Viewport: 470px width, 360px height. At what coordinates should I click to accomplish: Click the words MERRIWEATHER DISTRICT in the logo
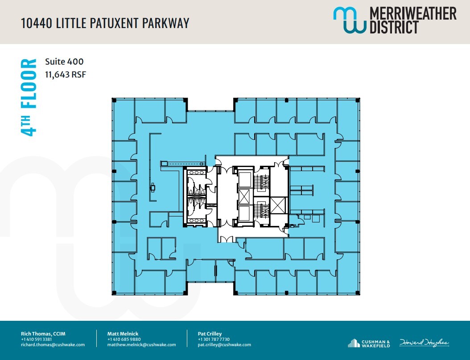pyautogui.click(x=413, y=20)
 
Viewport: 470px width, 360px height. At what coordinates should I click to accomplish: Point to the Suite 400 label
pyautogui.click(x=64, y=62)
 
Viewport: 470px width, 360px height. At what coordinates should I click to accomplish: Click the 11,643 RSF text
pyautogui.click(x=65, y=74)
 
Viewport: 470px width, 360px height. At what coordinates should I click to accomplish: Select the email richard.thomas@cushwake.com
pyautogui.click(x=53, y=344)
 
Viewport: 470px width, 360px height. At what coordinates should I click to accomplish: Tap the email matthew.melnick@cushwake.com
pyautogui.click(x=141, y=344)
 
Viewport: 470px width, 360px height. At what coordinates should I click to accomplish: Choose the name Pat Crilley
pyautogui.click(x=210, y=333)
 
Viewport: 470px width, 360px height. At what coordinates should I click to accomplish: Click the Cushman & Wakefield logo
pyautogui.click(x=369, y=343)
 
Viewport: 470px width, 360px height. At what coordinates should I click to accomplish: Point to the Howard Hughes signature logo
pyautogui.click(x=424, y=343)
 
